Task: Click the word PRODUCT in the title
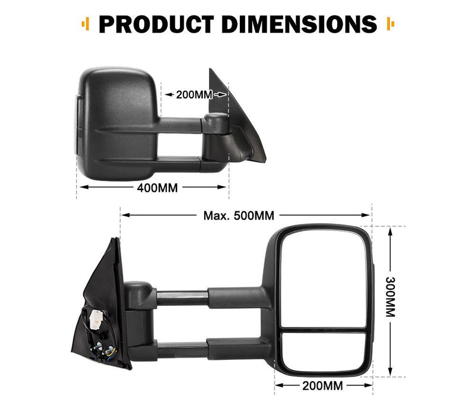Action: (x=151, y=25)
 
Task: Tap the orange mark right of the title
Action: (x=390, y=25)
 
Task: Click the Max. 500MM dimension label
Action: (x=239, y=216)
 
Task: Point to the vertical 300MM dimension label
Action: (x=390, y=297)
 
